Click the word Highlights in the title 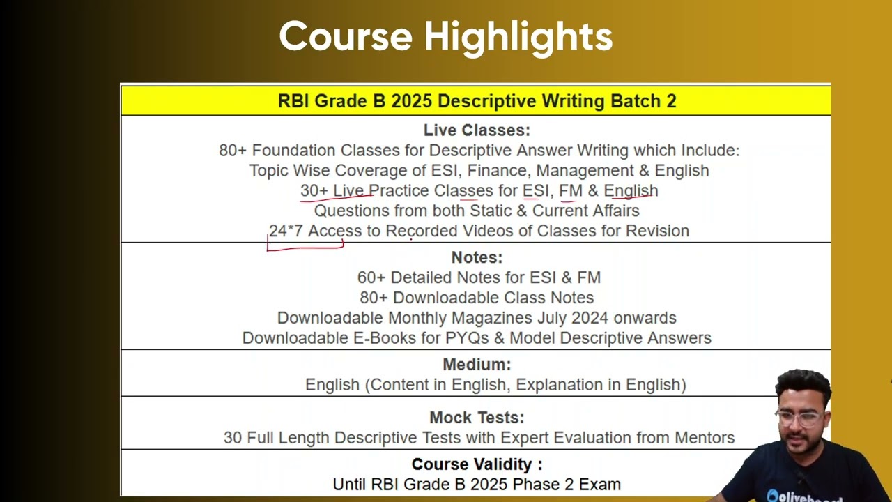coord(518,37)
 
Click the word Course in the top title coord(346,37)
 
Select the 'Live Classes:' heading coord(477,130)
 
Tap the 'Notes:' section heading coord(477,257)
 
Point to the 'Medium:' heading coord(477,365)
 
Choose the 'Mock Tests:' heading coord(477,418)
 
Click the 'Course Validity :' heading coord(477,464)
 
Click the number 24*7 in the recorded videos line coord(286,231)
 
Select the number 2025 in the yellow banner coord(411,101)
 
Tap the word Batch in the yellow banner coord(636,101)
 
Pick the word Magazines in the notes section coord(492,319)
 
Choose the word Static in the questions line coord(490,211)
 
